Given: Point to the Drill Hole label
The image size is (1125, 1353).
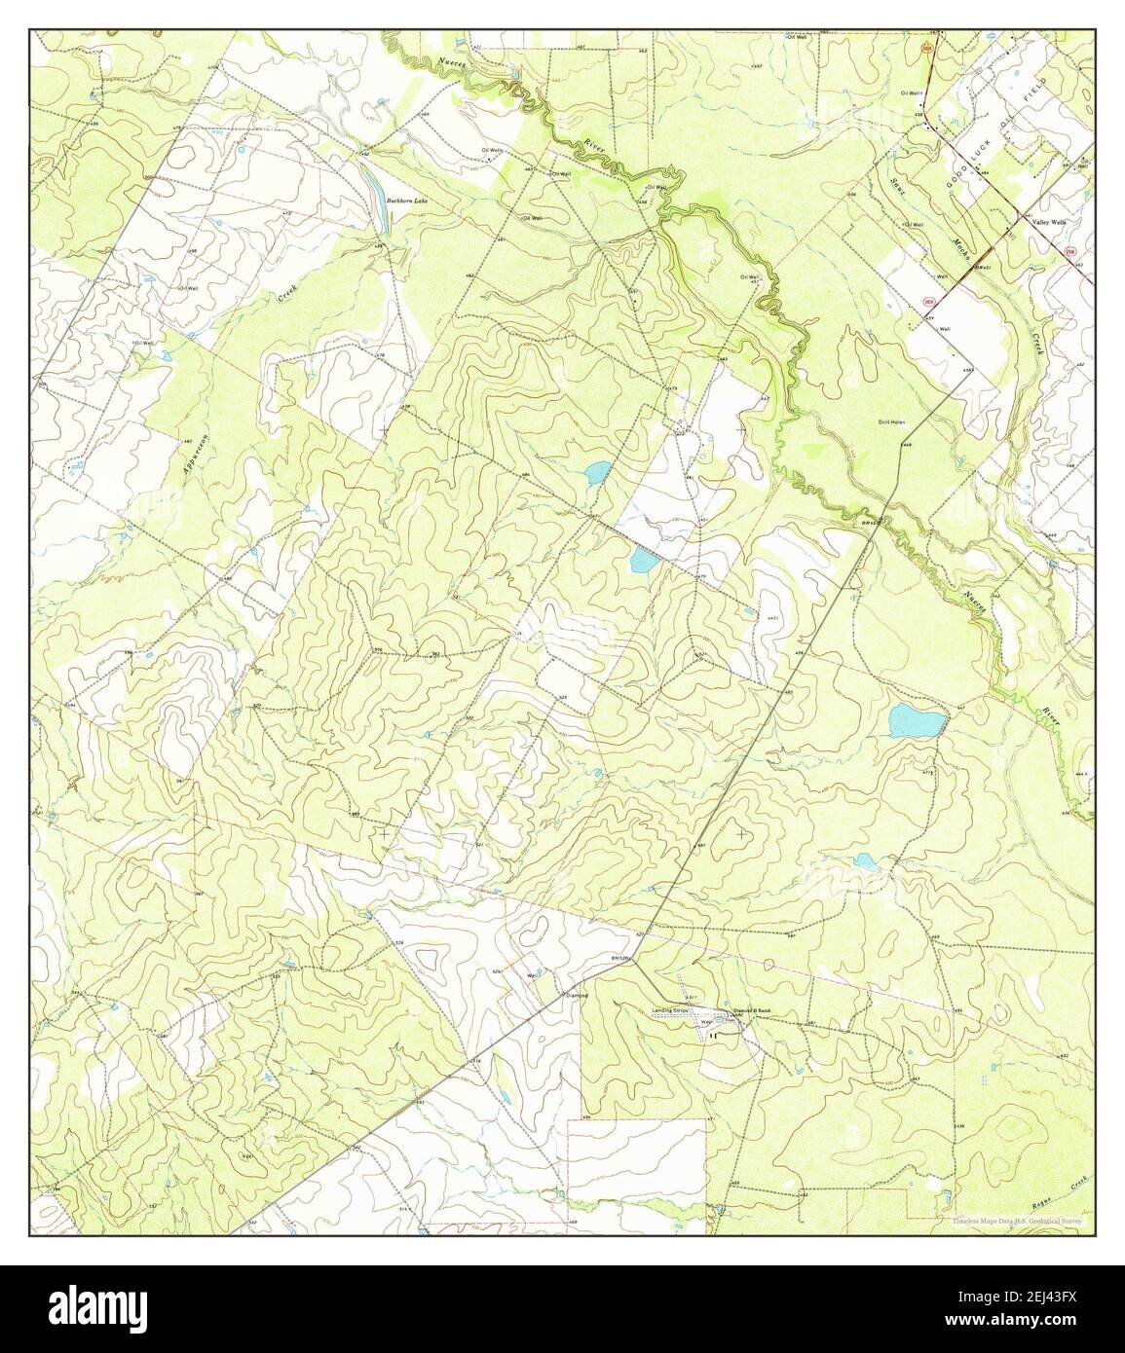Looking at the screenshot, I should tap(891, 422).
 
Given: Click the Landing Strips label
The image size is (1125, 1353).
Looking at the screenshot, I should tap(671, 1011).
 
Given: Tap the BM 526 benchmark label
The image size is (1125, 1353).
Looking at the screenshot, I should tap(621, 959).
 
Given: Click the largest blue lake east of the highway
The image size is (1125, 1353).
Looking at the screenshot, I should tap(917, 721).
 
